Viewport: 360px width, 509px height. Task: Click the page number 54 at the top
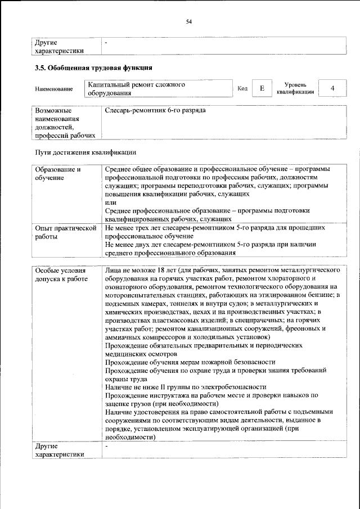(189, 21)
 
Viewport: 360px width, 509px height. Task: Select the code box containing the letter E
(262, 88)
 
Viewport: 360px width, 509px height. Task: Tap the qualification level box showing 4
(332, 88)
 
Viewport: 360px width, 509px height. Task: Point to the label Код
(242, 89)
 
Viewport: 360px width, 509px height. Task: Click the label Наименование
(54, 89)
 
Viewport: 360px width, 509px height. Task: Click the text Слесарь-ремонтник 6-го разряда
(155, 110)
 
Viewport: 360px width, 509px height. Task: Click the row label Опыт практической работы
(63, 233)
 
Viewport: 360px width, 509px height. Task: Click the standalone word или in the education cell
(110, 202)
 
